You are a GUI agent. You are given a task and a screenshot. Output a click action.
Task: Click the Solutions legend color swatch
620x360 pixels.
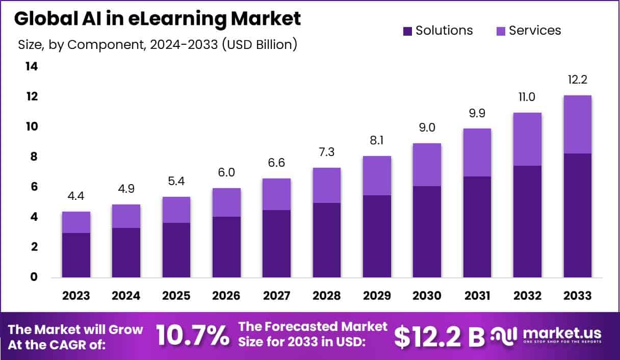point(407,31)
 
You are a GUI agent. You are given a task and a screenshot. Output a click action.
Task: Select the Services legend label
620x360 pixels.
point(535,31)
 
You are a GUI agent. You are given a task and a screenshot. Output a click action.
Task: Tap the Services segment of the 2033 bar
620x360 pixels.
point(578,124)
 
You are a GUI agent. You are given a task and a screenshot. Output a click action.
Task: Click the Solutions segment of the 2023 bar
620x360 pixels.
point(76,255)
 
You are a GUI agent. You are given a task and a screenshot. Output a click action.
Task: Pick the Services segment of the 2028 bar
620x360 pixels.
point(327,185)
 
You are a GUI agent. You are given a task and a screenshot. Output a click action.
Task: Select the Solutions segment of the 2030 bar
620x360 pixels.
point(427,232)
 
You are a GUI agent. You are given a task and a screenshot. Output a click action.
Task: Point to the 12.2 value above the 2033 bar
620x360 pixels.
point(578,80)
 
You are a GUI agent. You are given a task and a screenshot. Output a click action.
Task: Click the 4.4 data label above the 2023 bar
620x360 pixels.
point(76,196)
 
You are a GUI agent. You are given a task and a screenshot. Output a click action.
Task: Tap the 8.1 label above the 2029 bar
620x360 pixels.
point(377,140)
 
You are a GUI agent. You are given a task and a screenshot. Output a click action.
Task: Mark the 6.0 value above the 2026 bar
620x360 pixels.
point(226,173)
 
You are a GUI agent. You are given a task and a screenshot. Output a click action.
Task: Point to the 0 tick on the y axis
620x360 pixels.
point(34,277)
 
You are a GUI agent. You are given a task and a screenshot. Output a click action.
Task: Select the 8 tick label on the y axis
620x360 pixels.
point(34,157)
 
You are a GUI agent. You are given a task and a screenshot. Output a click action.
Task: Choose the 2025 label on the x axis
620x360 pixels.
point(176,296)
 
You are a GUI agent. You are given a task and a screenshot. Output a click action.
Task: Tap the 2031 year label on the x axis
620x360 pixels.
point(477,296)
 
